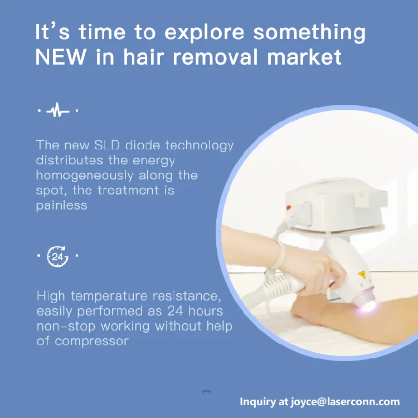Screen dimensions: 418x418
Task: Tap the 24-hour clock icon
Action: pos(57,257)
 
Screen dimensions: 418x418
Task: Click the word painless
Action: pos(62,205)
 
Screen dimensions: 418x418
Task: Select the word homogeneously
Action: pos(85,175)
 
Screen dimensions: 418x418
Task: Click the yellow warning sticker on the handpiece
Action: pos(361,274)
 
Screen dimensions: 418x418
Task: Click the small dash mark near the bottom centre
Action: pos(206,392)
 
